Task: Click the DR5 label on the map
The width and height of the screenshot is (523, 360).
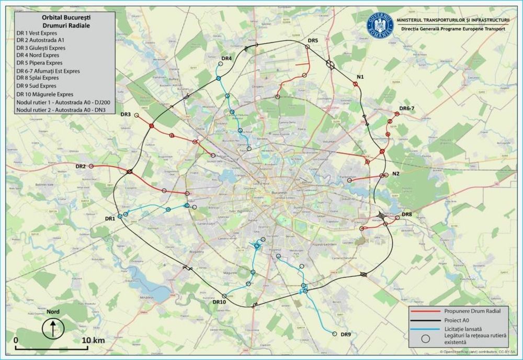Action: [x=313, y=40]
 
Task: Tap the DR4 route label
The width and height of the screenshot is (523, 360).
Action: [x=226, y=58]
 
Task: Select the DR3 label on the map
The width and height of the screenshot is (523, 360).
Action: [x=126, y=114]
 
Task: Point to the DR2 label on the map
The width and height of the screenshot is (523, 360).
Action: [x=81, y=166]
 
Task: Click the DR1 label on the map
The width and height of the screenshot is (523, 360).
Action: [x=110, y=218]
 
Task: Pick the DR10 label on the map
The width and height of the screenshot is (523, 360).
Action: [x=219, y=302]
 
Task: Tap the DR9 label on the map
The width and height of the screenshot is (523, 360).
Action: [x=346, y=334]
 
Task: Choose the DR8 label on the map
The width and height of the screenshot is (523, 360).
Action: [x=407, y=215]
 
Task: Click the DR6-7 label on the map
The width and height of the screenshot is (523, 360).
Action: [x=406, y=108]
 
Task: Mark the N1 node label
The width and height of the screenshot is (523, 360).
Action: [x=360, y=77]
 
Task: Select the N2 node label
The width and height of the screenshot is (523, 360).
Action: [x=395, y=174]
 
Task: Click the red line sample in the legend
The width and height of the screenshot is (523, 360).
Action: [x=424, y=311]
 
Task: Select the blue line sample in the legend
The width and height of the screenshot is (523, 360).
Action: [x=424, y=328]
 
